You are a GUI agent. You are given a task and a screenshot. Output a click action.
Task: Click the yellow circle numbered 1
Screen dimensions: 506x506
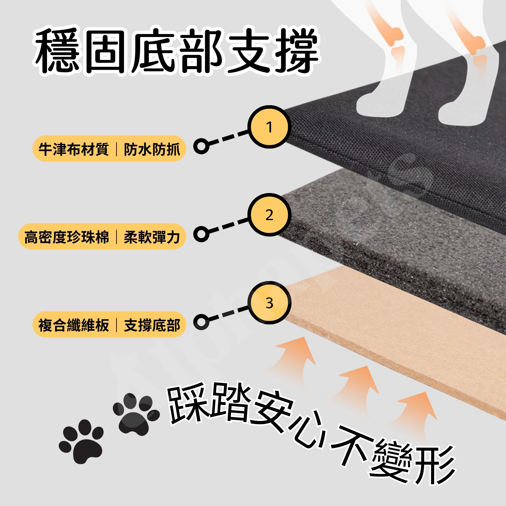tap(269, 127)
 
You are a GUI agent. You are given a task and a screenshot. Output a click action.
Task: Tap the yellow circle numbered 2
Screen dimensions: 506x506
tap(269, 215)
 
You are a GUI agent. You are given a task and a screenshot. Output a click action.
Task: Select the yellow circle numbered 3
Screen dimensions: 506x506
tap(269, 303)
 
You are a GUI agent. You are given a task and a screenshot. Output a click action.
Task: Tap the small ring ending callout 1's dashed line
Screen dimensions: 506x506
tap(201, 146)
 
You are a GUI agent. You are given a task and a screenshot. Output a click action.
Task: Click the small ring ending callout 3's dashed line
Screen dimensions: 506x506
tap(201, 322)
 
